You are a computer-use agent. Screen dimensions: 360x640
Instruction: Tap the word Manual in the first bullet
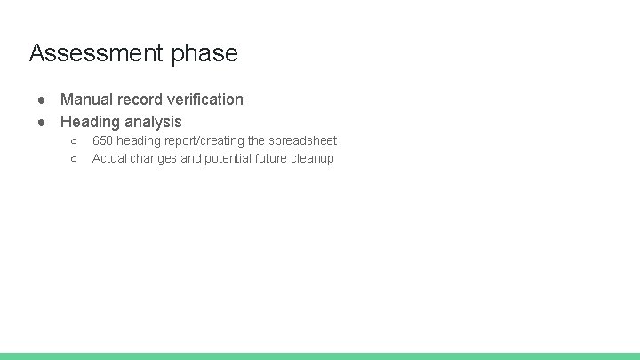tap(86, 100)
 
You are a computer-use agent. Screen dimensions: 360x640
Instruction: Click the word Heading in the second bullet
tap(90, 123)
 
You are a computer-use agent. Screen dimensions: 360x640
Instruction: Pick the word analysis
tap(153, 123)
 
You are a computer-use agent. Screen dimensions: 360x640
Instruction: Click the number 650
tap(102, 140)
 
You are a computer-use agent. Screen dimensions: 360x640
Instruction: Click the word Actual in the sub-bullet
tap(109, 158)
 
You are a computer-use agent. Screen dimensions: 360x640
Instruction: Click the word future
tap(276, 158)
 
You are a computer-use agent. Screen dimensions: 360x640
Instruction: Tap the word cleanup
tap(315, 158)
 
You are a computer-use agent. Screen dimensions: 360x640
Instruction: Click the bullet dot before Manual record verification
tap(41, 100)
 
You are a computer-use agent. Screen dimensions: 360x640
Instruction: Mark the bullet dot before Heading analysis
tap(41, 123)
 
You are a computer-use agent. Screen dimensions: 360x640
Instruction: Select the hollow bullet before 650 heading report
tap(73, 141)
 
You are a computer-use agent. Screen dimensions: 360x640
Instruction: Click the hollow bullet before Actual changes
tap(73, 159)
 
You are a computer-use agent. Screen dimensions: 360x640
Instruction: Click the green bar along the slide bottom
tap(320, 356)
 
